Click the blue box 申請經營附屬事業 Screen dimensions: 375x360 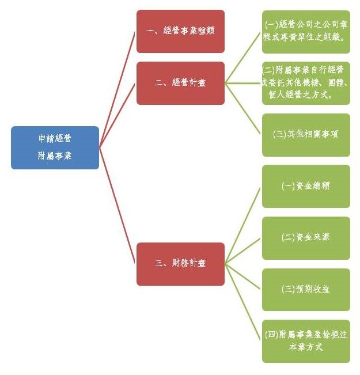pyautogui.click(x=55, y=147)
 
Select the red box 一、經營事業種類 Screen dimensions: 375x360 pyautogui.click(x=180, y=31)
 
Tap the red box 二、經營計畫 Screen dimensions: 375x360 pyautogui.click(x=180, y=83)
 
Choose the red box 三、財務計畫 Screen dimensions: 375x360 pyautogui.click(x=180, y=264)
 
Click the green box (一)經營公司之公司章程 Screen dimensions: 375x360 pyautogui.click(x=306, y=32)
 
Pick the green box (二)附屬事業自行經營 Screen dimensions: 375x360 pyautogui.click(x=306, y=83)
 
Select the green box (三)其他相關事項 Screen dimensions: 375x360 pyautogui.click(x=306, y=135)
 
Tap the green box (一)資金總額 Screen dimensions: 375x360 pyautogui.click(x=306, y=186)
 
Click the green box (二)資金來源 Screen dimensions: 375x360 pyautogui.click(x=306, y=238)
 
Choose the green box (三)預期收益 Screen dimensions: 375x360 pyautogui.click(x=306, y=290)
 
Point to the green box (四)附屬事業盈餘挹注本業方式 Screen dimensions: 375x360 pyautogui.click(x=306, y=341)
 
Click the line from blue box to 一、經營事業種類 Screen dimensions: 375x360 pyautogui.click(x=118, y=89)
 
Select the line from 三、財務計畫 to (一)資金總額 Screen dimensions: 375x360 pyautogui.click(x=243, y=225)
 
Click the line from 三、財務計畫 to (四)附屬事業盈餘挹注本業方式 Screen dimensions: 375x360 pyautogui.click(x=243, y=302)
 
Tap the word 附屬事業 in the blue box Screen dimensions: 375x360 pyautogui.click(x=55, y=156)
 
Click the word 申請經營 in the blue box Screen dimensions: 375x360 pyautogui.click(x=55, y=139)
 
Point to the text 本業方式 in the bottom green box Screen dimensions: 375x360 pyautogui.click(x=306, y=347)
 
